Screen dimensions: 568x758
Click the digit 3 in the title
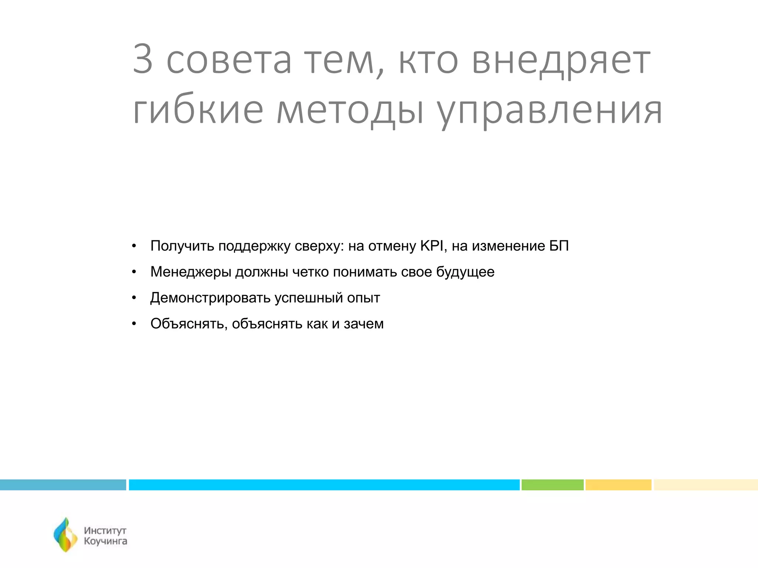pos(143,59)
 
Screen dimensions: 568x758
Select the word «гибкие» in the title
pos(198,110)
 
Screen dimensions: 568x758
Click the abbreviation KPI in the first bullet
pos(432,246)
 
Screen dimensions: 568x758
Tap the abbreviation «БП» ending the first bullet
pos(559,246)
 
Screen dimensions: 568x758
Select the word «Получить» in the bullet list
pos(182,246)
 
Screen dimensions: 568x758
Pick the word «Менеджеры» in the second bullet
pos(191,272)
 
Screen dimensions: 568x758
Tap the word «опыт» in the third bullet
pos(363,298)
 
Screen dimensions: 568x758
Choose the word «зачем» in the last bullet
pos(364,324)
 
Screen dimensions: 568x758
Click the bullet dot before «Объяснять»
pos(134,324)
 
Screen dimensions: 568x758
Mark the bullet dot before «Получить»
pos(134,246)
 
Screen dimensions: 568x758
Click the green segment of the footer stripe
pos(552,485)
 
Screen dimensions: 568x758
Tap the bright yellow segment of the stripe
pos(618,485)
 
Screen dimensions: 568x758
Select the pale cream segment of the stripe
pos(705,485)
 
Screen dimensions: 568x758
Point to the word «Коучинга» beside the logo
pos(105,541)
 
